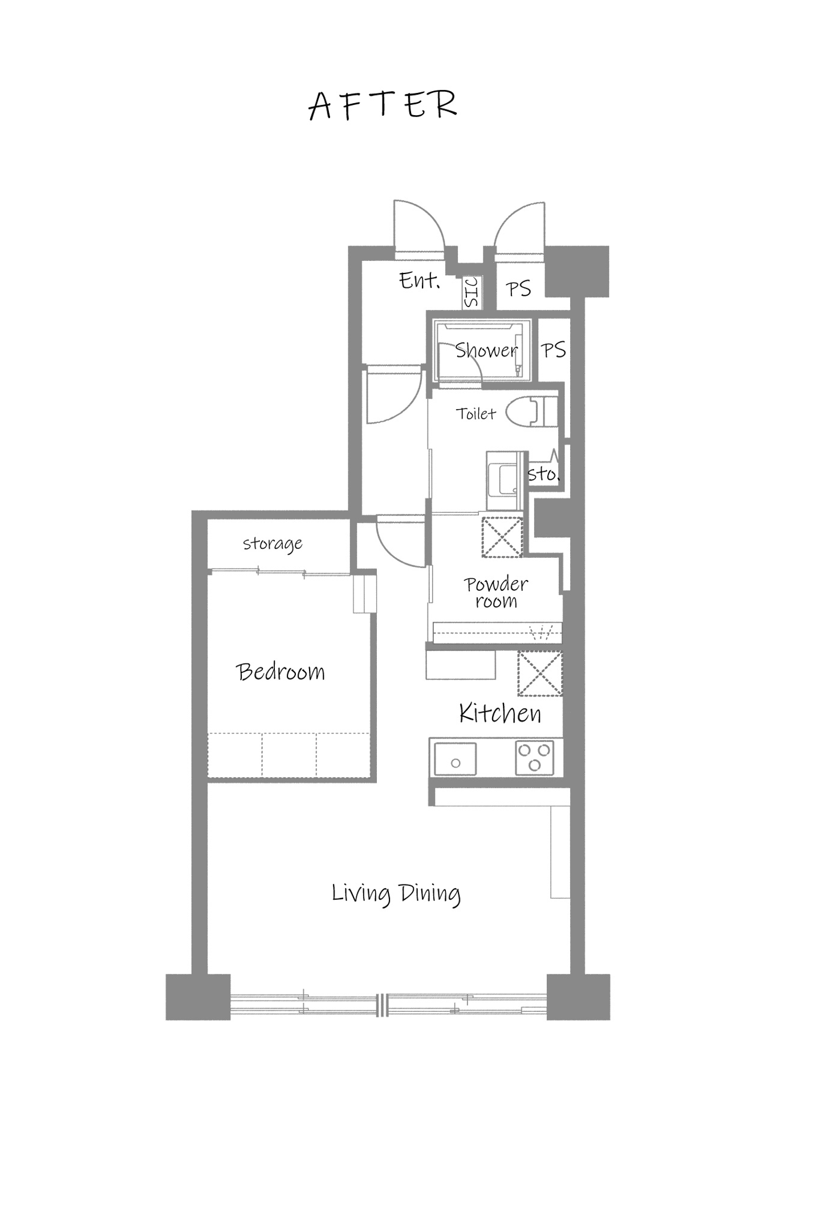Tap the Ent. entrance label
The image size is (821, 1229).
(x=419, y=280)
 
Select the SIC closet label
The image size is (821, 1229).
(x=472, y=292)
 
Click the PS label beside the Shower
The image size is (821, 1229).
(x=553, y=350)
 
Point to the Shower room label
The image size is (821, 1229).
(x=486, y=350)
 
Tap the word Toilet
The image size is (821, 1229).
(x=475, y=413)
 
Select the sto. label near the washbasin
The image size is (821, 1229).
(x=543, y=473)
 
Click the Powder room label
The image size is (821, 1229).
(x=495, y=593)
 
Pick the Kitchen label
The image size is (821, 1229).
(x=500, y=713)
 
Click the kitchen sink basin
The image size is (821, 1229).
(x=455, y=759)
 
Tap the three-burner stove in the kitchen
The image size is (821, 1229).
(x=534, y=758)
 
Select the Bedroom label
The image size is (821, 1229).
(x=280, y=672)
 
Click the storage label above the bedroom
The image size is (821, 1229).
(x=273, y=544)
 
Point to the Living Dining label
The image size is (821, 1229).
(x=396, y=893)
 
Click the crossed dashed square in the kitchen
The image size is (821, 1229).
(x=539, y=673)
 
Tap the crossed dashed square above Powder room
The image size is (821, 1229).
(x=502, y=536)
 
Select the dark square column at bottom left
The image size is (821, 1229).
(x=198, y=997)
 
